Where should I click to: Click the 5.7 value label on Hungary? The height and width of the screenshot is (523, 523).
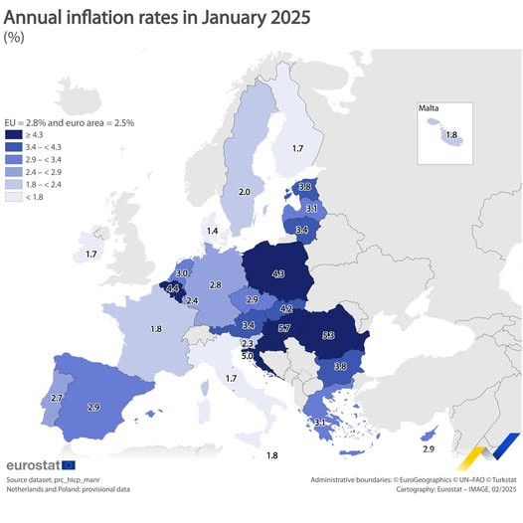(x=284, y=327)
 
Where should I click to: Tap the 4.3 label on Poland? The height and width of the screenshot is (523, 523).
(x=278, y=273)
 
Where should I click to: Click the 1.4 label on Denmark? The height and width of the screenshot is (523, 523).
(x=212, y=231)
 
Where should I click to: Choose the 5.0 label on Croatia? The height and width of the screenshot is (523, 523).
(x=248, y=355)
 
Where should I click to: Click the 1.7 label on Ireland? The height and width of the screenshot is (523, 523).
(x=91, y=255)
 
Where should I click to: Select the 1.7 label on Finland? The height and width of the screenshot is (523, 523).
(x=296, y=148)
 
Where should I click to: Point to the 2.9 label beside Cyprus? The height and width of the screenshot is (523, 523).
(x=429, y=449)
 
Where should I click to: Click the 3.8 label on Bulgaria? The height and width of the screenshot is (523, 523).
(x=339, y=367)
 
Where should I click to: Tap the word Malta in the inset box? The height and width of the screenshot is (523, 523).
(x=430, y=107)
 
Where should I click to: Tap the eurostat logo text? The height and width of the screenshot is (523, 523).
(x=32, y=465)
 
